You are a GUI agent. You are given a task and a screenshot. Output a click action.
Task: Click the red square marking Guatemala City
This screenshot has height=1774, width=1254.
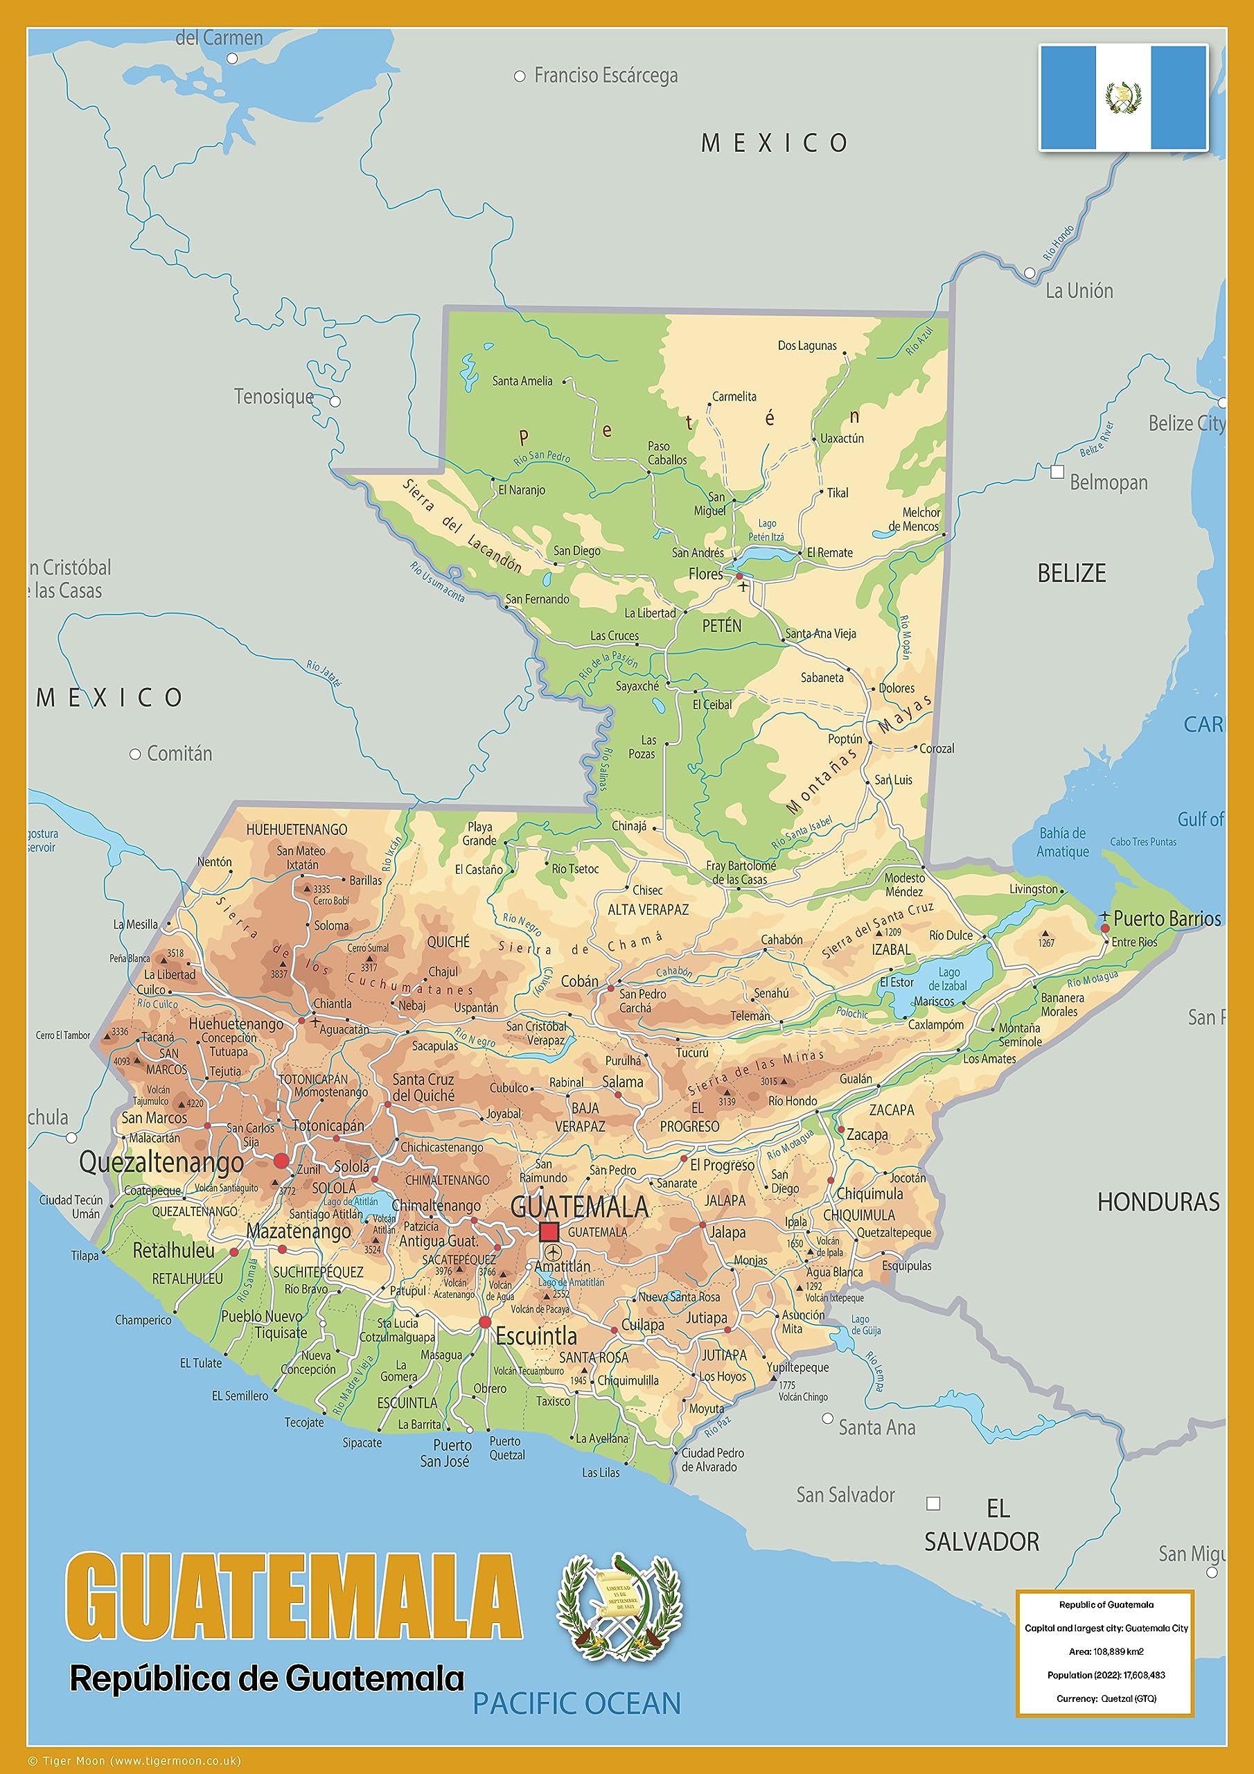pyautogui.click(x=549, y=1231)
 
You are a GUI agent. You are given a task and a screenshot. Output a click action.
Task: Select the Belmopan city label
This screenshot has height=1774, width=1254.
pyautogui.click(x=1108, y=482)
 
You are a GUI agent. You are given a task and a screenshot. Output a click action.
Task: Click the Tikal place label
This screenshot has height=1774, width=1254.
pyautogui.click(x=837, y=492)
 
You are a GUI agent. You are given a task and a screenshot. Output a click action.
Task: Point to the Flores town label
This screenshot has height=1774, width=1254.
pyautogui.click(x=705, y=574)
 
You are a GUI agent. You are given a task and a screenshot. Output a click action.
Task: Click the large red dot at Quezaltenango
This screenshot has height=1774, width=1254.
pyautogui.click(x=281, y=1161)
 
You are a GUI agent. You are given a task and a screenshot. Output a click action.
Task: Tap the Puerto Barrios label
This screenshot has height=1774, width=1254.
pyautogui.click(x=1167, y=919)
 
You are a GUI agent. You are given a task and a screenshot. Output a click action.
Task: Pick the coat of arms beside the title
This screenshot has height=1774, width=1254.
pyautogui.click(x=618, y=1608)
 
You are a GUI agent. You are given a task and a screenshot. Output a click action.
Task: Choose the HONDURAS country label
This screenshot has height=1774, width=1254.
pyautogui.click(x=1158, y=1202)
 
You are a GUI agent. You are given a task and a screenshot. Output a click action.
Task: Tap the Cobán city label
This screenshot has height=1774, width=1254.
pyautogui.click(x=579, y=981)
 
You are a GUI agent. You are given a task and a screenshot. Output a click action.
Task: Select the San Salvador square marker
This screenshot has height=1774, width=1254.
pyautogui.click(x=933, y=1503)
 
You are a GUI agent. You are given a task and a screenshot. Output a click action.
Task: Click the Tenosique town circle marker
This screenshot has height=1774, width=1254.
pyautogui.click(x=335, y=401)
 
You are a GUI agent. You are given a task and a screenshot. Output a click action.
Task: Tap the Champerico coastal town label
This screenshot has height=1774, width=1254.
pyautogui.click(x=143, y=1319)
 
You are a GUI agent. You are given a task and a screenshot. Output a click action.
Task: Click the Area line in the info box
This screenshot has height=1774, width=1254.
pyautogui.click(x=1106, y=1651)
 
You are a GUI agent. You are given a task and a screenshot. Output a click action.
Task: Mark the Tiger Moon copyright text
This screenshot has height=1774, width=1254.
pyautogui.click(x=135, y=1761)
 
